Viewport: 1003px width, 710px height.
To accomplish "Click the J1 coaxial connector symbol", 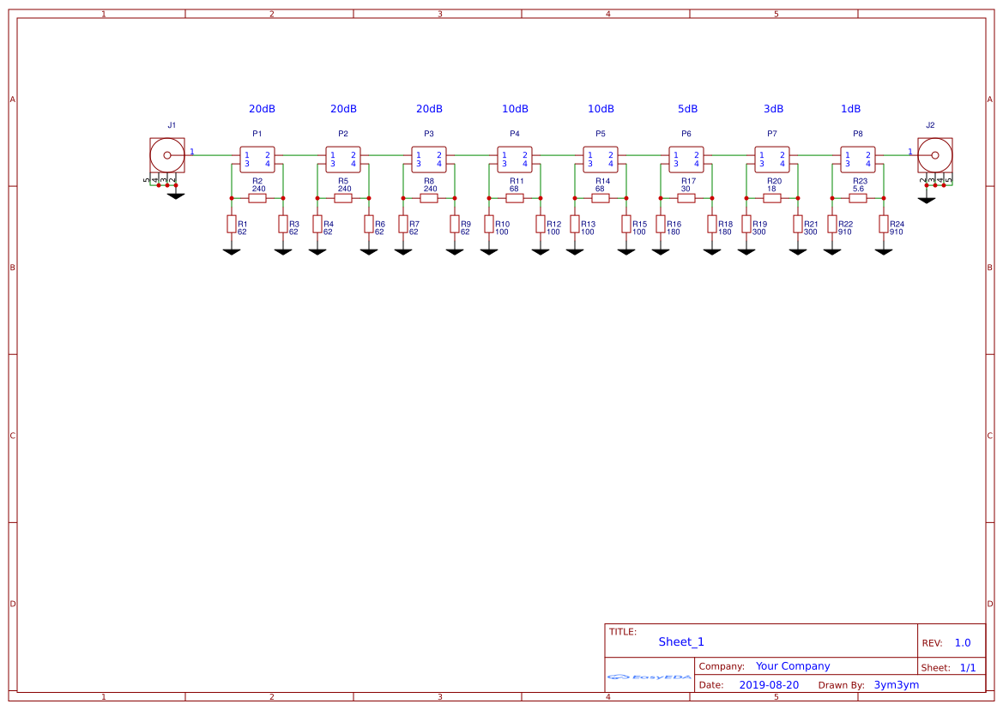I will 166,156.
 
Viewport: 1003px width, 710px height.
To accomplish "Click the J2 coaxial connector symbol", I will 934,156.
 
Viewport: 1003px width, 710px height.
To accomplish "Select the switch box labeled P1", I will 257,159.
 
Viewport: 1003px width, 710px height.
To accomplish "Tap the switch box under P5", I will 601,159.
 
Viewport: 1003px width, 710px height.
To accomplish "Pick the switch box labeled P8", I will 858,159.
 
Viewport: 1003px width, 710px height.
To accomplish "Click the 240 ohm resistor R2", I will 257,198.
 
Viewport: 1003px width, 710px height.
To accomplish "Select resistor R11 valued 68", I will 515,198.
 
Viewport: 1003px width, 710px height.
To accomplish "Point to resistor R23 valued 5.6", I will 858,198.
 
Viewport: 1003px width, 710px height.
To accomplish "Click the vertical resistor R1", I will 232,224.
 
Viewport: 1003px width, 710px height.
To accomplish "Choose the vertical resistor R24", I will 884,224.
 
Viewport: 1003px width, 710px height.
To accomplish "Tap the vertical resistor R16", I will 661,224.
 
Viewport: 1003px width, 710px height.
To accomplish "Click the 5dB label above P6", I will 687,109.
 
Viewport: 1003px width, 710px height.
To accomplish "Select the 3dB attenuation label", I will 773,109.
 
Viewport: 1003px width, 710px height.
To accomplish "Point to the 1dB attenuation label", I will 850,109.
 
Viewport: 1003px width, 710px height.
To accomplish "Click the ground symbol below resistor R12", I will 541,250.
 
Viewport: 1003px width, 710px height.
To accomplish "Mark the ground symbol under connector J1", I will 176,196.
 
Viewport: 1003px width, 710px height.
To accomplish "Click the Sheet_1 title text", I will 681,641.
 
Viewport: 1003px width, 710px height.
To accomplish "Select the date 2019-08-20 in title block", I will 769,685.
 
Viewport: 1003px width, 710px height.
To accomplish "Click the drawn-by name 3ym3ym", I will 896,685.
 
